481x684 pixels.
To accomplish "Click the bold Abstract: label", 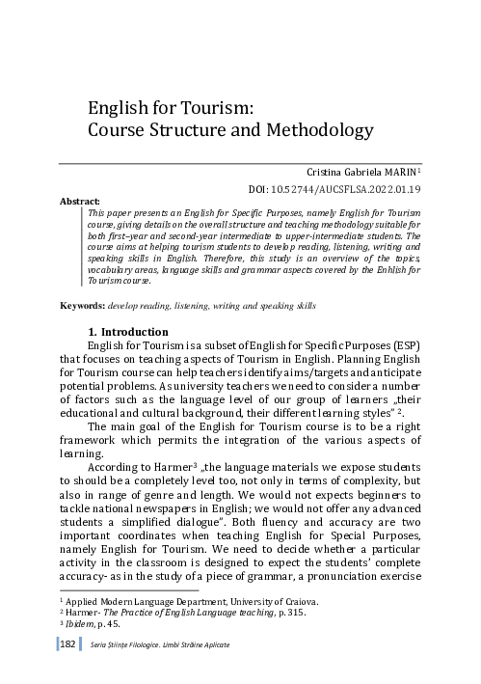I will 80,202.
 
